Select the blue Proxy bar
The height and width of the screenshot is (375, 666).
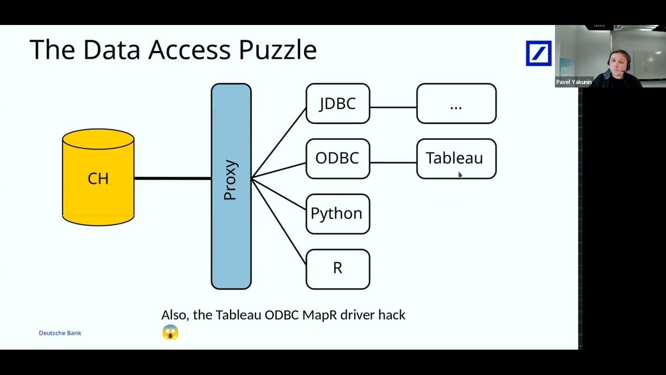[x=231, y=186]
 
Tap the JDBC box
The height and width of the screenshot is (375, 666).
[x=338, y=104]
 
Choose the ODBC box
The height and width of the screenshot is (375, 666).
[x=338, y=158]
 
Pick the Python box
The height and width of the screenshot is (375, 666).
[x=338, y=214]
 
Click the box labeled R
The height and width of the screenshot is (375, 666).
[x=338, y=269]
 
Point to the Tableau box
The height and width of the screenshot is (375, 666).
[x=456, y=158]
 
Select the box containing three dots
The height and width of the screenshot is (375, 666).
[x=456, y=104]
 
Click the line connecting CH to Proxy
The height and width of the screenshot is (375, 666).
[x=172, y=178]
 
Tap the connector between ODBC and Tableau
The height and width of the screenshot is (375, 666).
[x=393, y=162]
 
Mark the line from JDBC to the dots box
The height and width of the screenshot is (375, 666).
[x=393, y=107]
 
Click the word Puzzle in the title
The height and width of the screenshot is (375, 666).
[x=277, y=50]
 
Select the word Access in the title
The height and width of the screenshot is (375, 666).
[x=189, y=50]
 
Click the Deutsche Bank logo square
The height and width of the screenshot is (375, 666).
[x=538, y=54]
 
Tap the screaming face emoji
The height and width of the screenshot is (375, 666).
[x=170, y=332]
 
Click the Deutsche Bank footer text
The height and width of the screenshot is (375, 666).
[x=60, y=333]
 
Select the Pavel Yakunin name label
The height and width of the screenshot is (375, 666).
[x=573, y=82]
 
